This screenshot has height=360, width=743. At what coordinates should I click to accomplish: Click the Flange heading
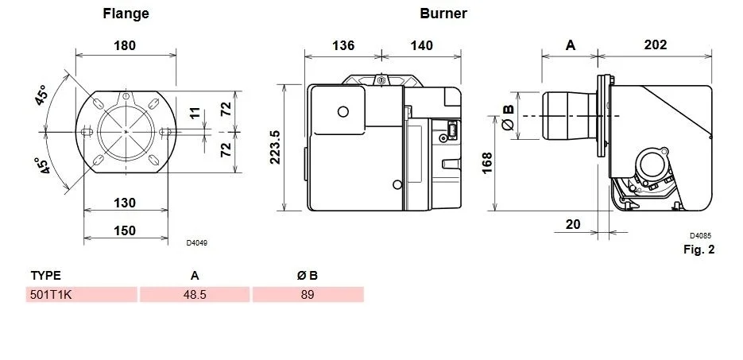[x=126, y=14]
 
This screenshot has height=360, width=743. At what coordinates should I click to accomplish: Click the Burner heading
[x=443, y=14]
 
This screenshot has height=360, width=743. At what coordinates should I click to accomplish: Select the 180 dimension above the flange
[x=125, y=45]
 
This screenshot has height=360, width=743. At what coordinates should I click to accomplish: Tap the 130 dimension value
[x=125, y=203]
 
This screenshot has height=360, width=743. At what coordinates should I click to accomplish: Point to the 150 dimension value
[x=125, y=230]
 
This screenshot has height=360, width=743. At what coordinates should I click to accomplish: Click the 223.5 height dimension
[x=275, y=147]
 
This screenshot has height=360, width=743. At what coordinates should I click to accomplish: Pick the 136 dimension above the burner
[x=343, y=45]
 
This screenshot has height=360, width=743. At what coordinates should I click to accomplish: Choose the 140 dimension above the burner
[x=422, y=45]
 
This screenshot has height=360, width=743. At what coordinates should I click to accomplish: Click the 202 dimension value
[x=656, y=45]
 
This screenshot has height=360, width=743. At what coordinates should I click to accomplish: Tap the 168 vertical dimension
[x=487, y=163]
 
